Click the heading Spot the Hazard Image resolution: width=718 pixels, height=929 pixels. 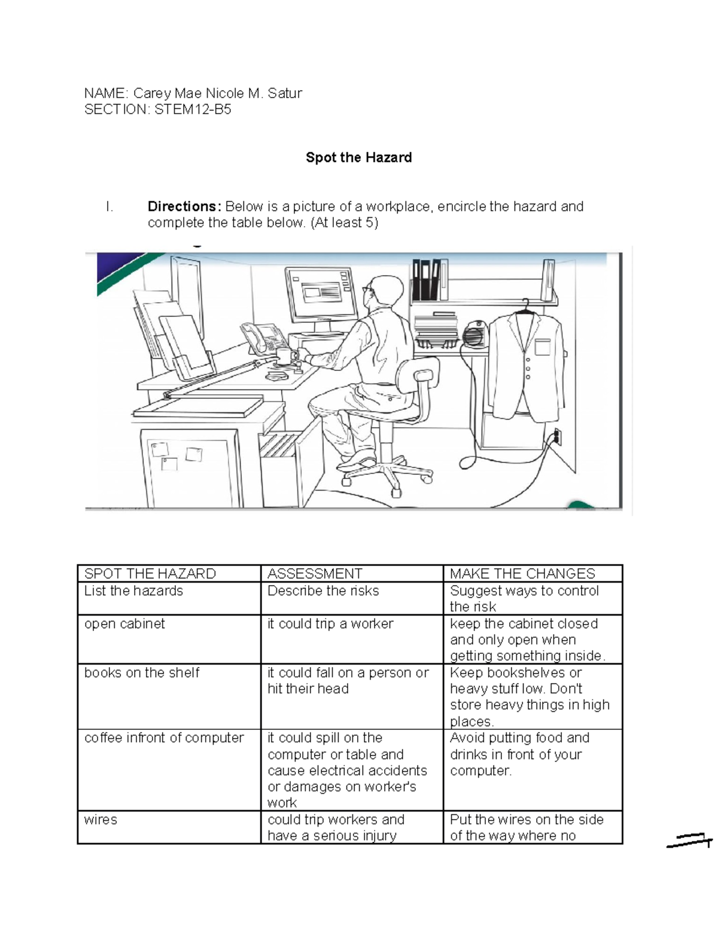click(x=358, y=157)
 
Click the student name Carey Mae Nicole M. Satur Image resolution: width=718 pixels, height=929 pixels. click(x=217, y=93)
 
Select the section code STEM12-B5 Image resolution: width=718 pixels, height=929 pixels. click(x=193, y=109)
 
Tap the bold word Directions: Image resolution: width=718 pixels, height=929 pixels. click(x=184, y=206)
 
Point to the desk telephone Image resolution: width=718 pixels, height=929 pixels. click(x=263, y=337)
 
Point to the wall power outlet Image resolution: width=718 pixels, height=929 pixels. click(x=557, y=437)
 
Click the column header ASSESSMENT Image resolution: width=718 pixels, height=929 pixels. click(x=315, y=574)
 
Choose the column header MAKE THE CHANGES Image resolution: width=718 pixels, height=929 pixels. click(x=522, y=574)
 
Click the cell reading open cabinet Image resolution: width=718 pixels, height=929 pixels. click(x=124, y=623)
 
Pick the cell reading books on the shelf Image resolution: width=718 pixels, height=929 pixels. click(x=142, y=672)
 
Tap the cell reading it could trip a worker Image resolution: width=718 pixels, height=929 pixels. click(x=330, y=623)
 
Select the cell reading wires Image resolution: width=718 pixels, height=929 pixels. click(x=101, y=820)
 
